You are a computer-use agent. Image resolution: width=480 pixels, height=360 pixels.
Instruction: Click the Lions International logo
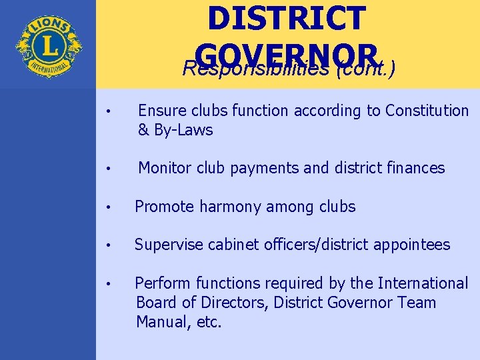click(x=48, y=45)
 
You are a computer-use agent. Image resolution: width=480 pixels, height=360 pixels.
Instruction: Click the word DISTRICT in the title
click(x=286, y=18)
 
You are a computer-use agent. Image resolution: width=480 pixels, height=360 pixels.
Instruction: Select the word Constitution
click(x=417, y=111)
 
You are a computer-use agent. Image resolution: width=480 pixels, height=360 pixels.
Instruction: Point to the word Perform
click(x=160, y=283)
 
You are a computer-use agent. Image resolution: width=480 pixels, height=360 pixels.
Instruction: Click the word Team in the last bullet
click(x=416, y=303)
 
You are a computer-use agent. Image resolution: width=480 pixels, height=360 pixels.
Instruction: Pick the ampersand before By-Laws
click(x=143, y=130)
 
